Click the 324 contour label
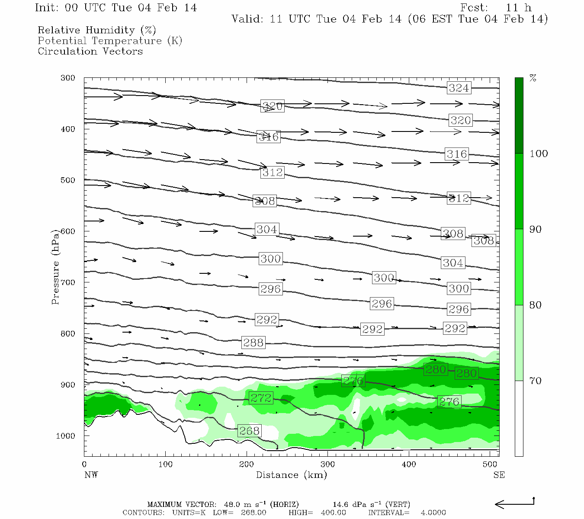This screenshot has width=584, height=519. pos(459,88)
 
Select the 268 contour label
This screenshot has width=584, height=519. pos(249,431)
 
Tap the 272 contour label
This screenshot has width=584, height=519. pos(261,398)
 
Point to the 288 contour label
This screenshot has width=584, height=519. pos(253,343)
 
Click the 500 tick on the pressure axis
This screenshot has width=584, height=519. pos(68,180)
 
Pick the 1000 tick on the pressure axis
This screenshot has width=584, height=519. pos(66,436)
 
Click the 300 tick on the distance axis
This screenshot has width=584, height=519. pos(327,465)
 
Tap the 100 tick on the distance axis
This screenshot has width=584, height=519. pos(166,465)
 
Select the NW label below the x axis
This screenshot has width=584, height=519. pos(91,475)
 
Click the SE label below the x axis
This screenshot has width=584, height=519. pos(499,475)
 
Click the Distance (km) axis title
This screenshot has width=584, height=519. pos(292,475)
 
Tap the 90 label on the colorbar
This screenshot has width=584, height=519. pos(536,229)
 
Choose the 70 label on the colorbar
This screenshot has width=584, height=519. pos(536,381)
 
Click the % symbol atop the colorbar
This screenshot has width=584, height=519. pos(533,78)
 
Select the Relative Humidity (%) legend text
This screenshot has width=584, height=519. pos(97,30)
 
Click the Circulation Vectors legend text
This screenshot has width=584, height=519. pos(90,51)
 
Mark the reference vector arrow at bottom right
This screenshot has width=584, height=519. pos(514,503)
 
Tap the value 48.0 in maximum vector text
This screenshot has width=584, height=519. pos(232,504)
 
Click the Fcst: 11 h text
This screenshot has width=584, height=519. pos(496,8)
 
